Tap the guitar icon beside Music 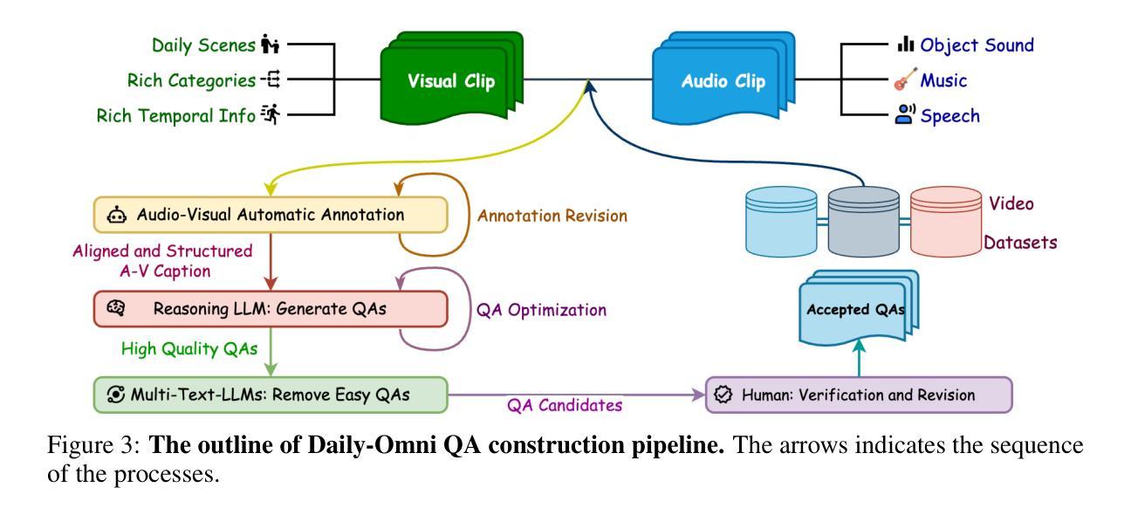coord(905,79)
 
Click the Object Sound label coord(977,45)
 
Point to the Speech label coord(949,115)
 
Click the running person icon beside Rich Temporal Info coord(271,114)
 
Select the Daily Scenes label coord(203,45)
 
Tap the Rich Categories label coord(191,80)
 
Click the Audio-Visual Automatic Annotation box coord(271,215)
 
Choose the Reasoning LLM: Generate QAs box coord(271,308)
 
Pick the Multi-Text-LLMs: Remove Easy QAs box coord(271,395)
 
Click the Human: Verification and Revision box coord(859,395)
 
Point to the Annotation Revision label coord(552,216)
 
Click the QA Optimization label coord(541,310)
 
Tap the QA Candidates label coord(565,405)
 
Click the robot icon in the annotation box coord(117,215)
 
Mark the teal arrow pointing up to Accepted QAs coord(859,358)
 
